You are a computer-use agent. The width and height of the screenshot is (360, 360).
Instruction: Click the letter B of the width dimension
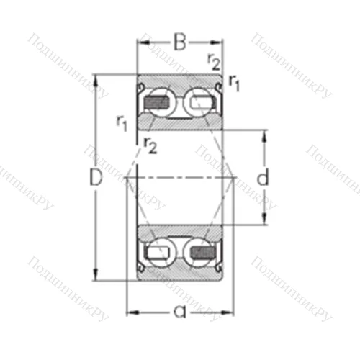point(179,42)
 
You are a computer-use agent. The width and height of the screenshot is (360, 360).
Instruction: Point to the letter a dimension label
point(180,312)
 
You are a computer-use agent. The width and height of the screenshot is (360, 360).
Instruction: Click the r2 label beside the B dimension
point(214,61)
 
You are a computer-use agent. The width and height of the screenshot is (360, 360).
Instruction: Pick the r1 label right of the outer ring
point(234,82)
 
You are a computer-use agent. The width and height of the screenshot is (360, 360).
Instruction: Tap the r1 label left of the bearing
point(122,122)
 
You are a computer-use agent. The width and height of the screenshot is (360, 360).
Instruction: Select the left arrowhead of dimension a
point(132,312)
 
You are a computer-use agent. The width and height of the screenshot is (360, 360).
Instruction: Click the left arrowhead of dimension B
point(142,42)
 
